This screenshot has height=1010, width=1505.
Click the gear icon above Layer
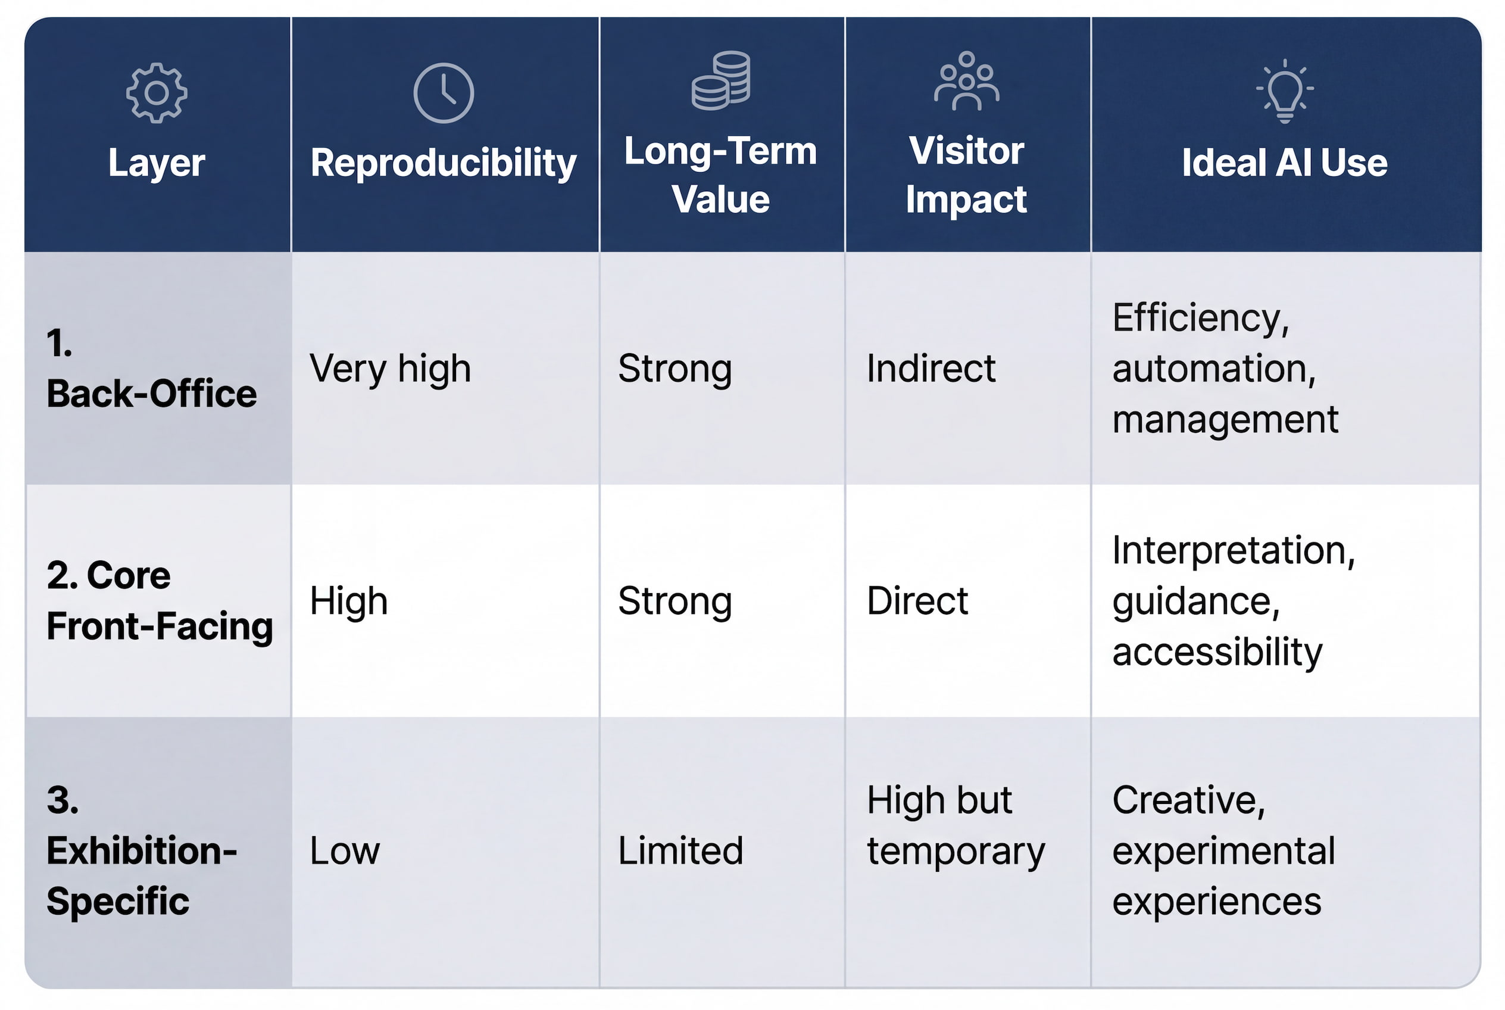click(157, 93)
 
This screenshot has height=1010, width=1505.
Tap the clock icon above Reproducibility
click(444, 93)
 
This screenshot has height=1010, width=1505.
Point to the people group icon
click(967, 80)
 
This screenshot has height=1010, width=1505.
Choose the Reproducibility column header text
click(444, 163)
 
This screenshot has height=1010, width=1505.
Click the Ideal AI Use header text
click(1285, 163)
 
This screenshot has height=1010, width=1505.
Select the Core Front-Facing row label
click(160, 600)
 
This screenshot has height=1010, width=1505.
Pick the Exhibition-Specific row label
click(142, 850)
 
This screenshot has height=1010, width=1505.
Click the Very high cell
click(391, 369)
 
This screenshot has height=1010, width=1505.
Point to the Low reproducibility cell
click(345, 851)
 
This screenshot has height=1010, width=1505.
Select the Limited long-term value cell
click(680, 850)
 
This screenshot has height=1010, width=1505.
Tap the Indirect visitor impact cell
click(931, 369)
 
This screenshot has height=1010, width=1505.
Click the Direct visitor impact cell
click(917, 601)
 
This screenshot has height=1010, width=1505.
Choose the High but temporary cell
click(956, 826)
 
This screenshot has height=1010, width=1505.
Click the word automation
click(1214, 369)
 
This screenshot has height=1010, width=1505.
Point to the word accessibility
click(1217, 652)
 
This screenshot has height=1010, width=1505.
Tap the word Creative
click(1189, 800)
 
